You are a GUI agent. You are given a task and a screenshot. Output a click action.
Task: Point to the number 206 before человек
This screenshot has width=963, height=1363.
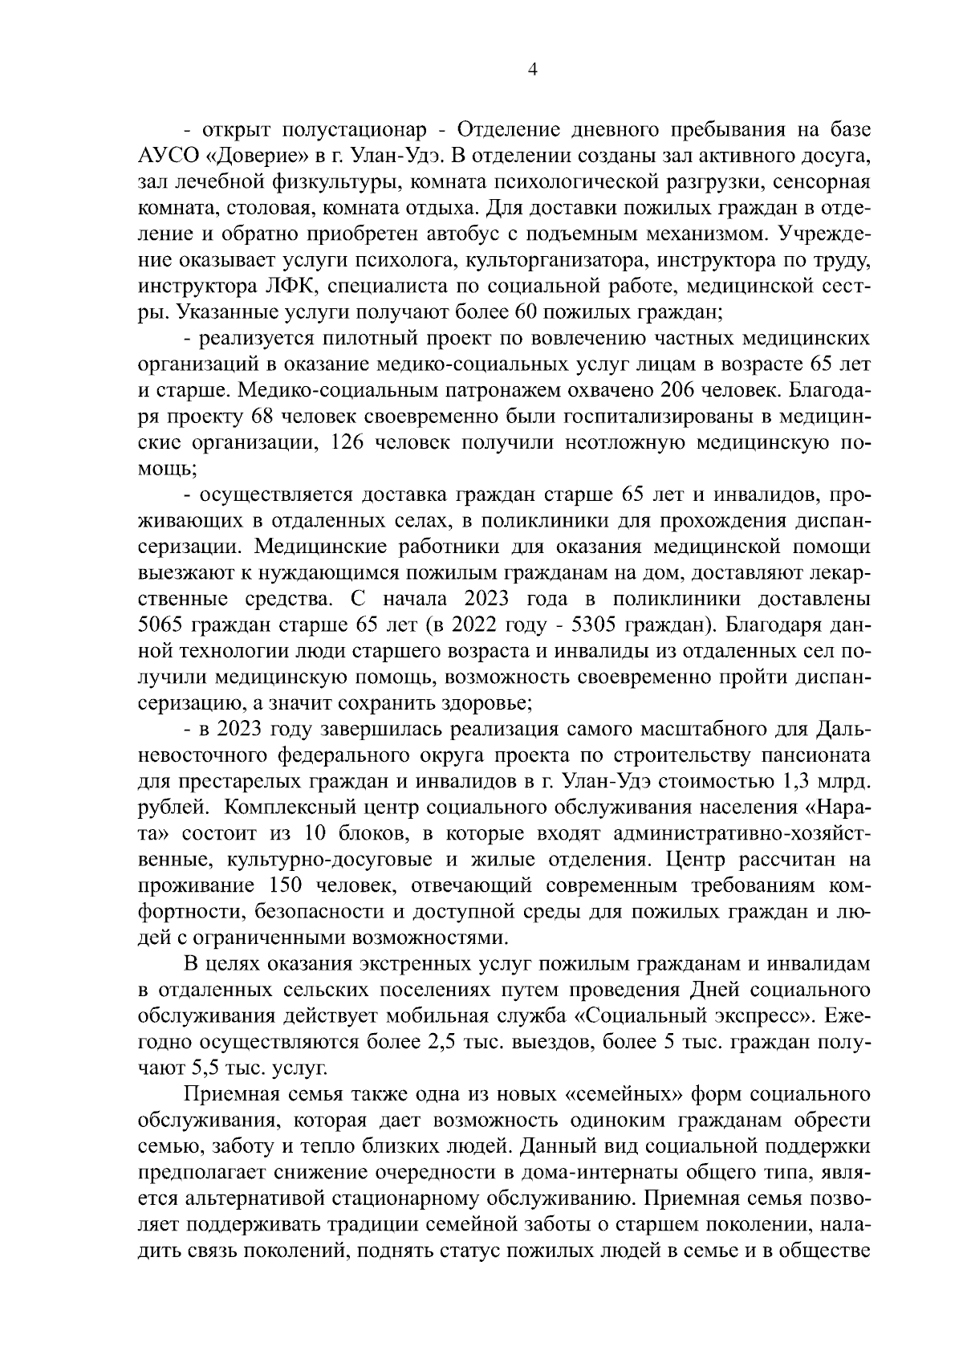(x=678, y=391)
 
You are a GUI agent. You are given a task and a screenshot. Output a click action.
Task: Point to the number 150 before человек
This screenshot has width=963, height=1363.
(x=286, y=886)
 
